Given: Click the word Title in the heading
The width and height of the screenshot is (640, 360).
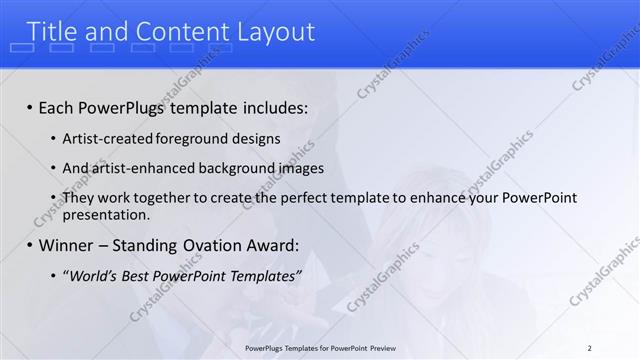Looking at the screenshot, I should [x=54, y=32].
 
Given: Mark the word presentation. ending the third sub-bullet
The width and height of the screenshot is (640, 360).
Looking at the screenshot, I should [x=106, y=214].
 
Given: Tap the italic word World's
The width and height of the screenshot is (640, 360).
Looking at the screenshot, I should [x=92, y=275].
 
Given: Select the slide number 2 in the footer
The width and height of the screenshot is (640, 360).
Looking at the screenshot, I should [x=590, y=348].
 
